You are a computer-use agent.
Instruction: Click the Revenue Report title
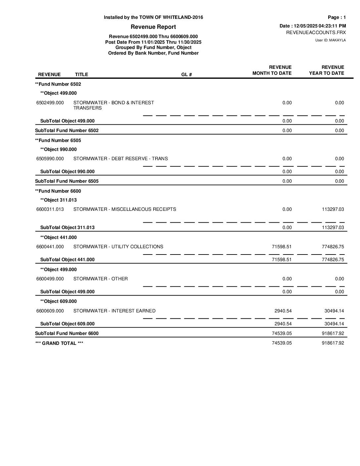(x=153, y=27)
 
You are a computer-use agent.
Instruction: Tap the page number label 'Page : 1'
(x=337, y=17)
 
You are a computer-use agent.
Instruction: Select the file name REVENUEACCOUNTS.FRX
(x=316, y=32)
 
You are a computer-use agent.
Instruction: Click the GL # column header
(x=187, y=74)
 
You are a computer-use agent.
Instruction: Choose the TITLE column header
(x=81, y=74)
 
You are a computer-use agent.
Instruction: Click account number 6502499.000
(x=50, y=103)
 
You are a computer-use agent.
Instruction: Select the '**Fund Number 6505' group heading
(x=58, y=140)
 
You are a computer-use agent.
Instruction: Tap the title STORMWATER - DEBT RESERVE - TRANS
(x=120, y=159)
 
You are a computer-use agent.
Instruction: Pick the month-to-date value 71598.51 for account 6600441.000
(x=282, y=247)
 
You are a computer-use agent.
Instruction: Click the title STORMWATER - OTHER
(x=101, y=279)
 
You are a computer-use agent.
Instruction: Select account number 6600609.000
(x=50, y=311)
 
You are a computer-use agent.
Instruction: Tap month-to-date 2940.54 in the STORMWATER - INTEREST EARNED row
(x=283, y=311)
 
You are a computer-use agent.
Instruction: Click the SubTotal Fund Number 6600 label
(x=67, y=333)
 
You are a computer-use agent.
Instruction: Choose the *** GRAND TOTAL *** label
(x=59, y=343)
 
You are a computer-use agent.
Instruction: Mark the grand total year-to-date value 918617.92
(x=333, y=343)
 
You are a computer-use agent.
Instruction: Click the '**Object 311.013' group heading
(x=58, y=200)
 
